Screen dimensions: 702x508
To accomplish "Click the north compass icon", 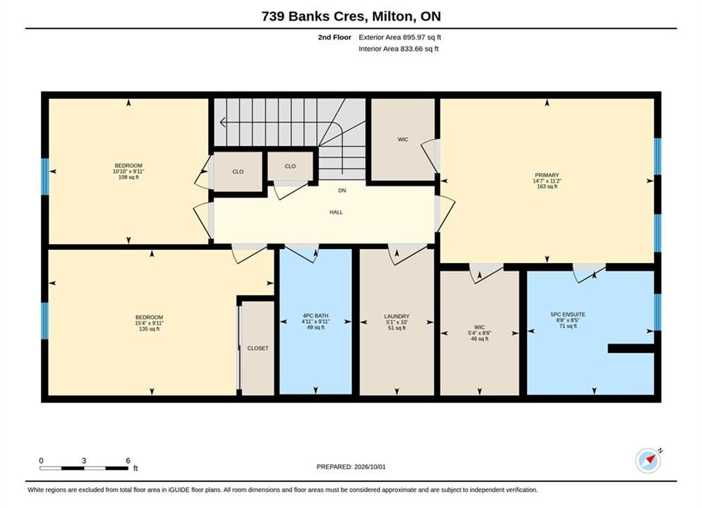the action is coord(648,461).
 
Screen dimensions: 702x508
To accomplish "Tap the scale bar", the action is coord(84,468).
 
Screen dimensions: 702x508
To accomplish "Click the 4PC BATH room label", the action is coord(315,315).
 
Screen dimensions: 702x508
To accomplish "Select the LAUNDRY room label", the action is coord(397,316).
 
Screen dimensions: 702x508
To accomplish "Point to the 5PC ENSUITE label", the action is coord(568,315).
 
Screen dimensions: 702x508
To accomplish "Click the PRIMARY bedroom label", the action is coord(547,175).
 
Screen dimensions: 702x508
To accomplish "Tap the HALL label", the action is coord(337,212).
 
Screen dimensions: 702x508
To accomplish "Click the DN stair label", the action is coord(342,190).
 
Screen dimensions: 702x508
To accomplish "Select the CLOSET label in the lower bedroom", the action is coord(258,349).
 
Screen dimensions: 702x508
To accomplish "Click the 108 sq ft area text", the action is coord(128,177).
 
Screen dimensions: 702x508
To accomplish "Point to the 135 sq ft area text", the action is coord(149,329).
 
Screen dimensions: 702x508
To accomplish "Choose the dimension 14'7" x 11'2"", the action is coord(547,181).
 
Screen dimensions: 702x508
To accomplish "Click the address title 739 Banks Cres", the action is coord(315,16).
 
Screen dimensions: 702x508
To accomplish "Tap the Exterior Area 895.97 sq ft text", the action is coord(400,37).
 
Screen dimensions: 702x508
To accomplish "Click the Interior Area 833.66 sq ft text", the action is coord(399,49).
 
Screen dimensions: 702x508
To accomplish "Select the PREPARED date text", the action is coord(351,467).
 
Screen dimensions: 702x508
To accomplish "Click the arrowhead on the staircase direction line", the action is coord(222,121).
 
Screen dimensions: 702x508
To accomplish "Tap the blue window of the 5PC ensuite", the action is coord(658,312).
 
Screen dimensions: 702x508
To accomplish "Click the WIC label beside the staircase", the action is coord(403,140).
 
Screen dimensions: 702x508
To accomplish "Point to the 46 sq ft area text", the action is coord(480,339).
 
